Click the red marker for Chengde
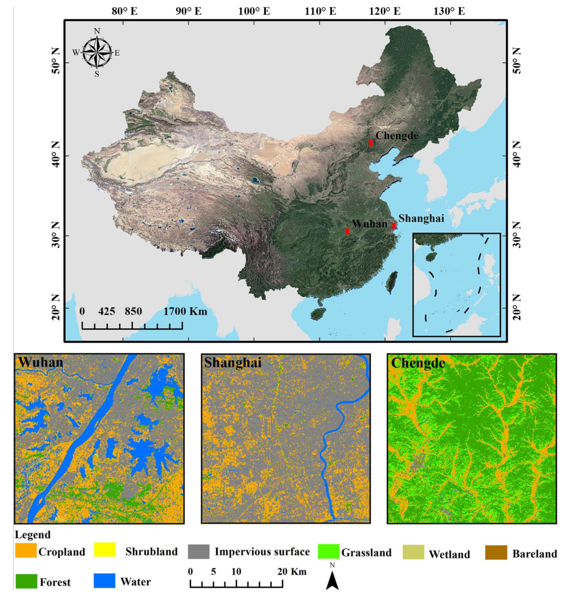coord(371,143)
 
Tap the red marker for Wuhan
coord(347,231)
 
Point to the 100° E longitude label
coord(254,11)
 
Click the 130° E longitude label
coord(449,11)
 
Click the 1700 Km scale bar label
coord(186,312)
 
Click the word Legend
coord(33,535)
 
